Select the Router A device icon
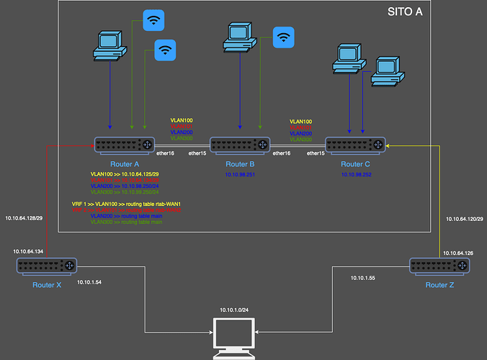[x=125, y=144]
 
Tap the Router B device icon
[x=239, y=144]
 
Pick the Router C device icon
[x=356, y=144]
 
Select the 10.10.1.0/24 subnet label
[x=234, y=310]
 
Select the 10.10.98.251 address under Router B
[x=240, y=174]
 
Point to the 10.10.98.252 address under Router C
[x=357, y=174]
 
